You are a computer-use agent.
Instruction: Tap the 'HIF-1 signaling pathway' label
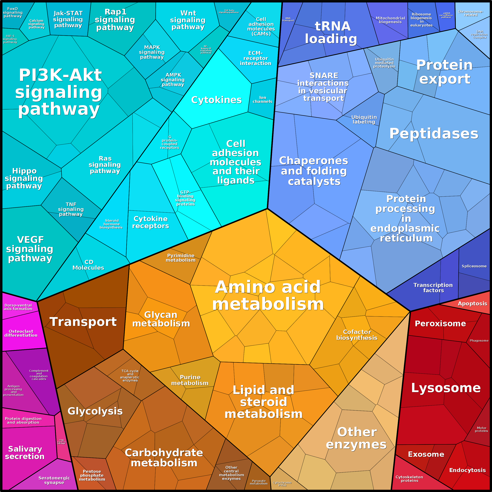click(10, 39)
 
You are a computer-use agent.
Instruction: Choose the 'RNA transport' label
click(288, 19)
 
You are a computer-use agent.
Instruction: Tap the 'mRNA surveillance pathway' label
click(446, 15)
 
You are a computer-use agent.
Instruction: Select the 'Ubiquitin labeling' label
click(364, 119)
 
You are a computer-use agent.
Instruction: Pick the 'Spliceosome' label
click(474, 266)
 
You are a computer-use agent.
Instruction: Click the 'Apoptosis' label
click(472, 304)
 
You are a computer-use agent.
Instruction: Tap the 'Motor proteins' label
click(481, 429)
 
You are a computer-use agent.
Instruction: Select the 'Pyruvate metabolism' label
click(259, 482)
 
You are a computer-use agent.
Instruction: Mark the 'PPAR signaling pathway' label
click(61, 442)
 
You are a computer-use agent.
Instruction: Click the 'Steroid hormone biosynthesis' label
click(111, 224)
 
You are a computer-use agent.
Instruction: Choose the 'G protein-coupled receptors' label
click(170, 142)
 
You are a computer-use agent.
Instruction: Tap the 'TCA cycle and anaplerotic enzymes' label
click(130, 376)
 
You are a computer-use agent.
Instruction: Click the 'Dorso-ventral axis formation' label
click(18, 307)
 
